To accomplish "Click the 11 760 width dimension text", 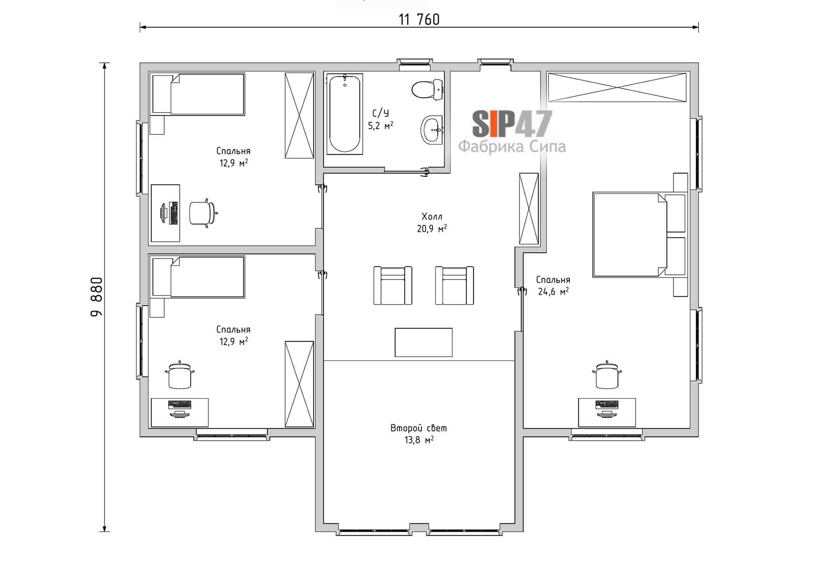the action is coord(419,19).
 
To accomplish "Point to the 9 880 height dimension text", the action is coord(96,297).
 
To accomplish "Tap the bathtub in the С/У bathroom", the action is coord(345,114).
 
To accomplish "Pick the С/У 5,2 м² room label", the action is coord(380,119).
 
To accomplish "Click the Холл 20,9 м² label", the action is coord(432,222).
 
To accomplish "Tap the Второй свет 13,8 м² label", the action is coord(419,434).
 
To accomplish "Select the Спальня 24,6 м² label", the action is coord(553,285).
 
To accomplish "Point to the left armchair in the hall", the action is coord(393,285).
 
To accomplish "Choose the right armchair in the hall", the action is coord(454,285).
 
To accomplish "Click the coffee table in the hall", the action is coord(423,342).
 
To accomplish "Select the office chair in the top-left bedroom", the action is coord(203,213).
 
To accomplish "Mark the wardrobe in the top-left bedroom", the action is coord(299,115).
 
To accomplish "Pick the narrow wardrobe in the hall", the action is coord(529,209).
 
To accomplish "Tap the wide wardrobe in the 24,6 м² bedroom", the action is coord(617,87).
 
